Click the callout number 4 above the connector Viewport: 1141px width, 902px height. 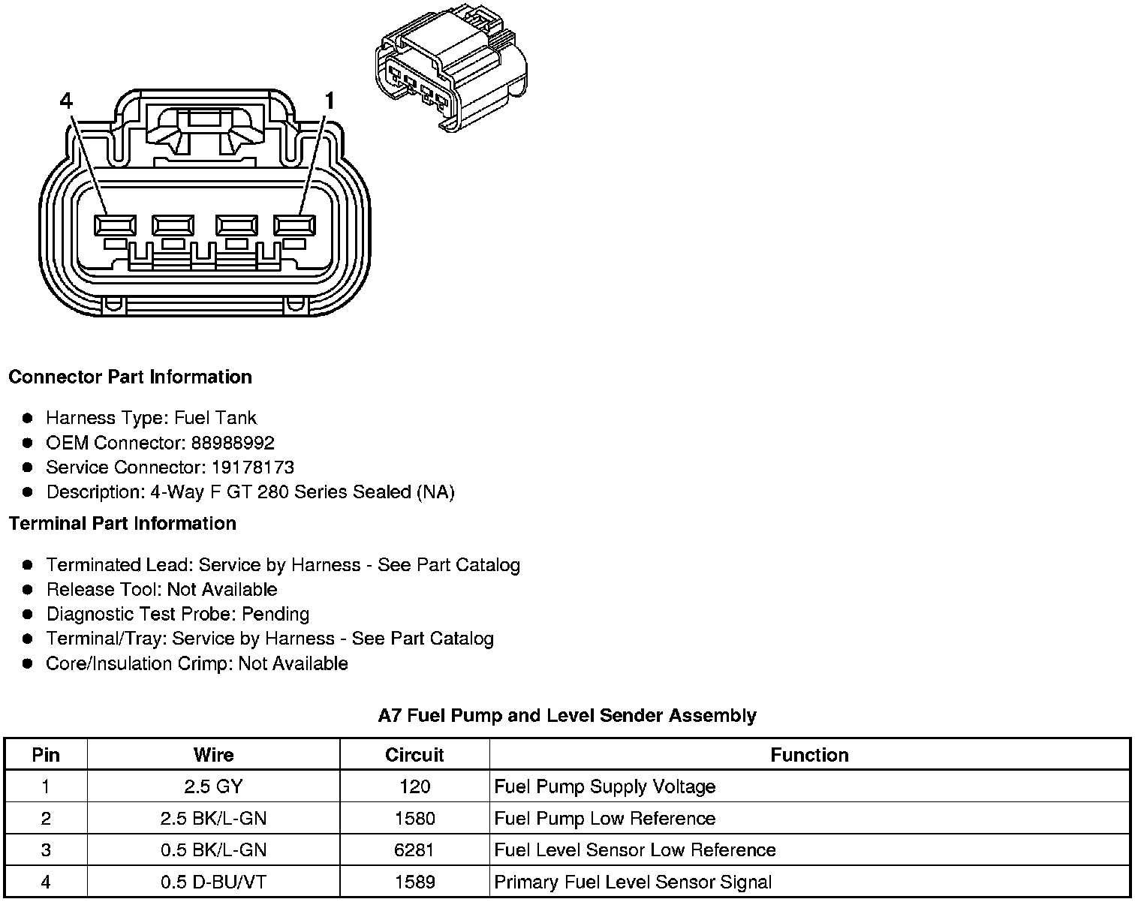coord(66,101)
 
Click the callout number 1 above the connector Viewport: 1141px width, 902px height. coord(329,101)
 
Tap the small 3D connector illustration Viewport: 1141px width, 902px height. coord(450,68)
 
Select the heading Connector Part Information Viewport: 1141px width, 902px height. coord(130,377)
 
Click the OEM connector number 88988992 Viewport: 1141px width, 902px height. coord(233,443)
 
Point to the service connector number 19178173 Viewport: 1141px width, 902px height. coord(252,468)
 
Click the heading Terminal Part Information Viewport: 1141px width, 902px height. coord(122,523)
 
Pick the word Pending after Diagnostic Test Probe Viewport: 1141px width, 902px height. coord(275,614)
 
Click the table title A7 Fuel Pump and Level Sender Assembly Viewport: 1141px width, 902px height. coord(567,715)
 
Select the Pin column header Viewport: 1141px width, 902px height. coord(46,755)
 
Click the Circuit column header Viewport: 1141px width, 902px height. coord(414,755)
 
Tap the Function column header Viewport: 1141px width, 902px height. coord(809,755)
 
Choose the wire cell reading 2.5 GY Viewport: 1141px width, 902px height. coord(213,786)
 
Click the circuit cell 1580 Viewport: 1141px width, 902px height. coord(414,818)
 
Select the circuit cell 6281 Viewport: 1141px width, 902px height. coord(414,849)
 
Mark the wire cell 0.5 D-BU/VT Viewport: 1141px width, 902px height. coord(213,882)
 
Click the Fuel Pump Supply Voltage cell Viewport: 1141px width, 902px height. coord(605,786)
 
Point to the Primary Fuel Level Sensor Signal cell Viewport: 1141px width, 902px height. coord(633,882)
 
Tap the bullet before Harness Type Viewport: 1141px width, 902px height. coord(28,418)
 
